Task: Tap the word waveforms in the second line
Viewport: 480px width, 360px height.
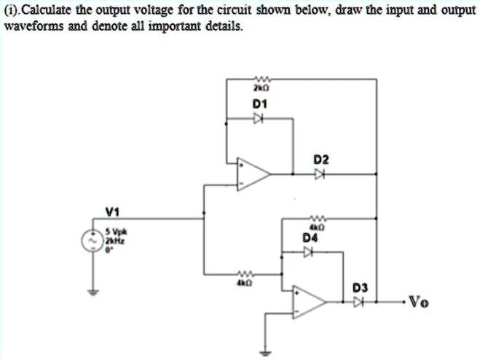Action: coord(32,24)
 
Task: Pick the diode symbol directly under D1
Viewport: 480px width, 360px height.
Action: coord(259,122)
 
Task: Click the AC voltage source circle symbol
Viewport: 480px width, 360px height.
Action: coord(93,238)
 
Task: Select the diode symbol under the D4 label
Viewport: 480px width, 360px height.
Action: coord(310,252)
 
